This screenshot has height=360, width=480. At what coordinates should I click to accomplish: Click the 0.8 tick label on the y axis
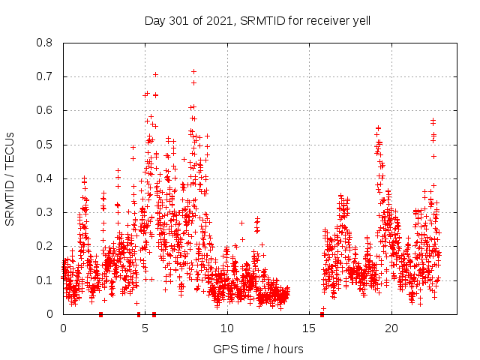[46, 43]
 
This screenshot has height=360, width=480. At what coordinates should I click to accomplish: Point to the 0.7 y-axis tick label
[46, 76]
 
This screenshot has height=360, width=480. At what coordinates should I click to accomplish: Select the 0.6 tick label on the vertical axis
[46, 110]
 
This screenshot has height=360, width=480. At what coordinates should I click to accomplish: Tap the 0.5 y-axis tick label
[46, 145]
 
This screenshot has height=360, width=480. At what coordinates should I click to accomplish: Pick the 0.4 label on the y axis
[46, 178]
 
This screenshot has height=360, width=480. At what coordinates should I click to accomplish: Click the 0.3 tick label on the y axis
[46, 212]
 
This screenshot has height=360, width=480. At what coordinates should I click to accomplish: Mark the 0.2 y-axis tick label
[46, 246]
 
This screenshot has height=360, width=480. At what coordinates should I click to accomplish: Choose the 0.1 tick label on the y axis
[46, 280]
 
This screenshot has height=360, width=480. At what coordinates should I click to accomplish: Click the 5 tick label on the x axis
[145, 328]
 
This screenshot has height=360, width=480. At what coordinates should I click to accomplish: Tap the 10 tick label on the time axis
[227, 328]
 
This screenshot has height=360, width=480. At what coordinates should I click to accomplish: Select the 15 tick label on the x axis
[310, 328]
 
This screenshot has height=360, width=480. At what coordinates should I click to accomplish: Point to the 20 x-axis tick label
[391, 328]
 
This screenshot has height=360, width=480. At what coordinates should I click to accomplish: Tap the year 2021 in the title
[218, 20]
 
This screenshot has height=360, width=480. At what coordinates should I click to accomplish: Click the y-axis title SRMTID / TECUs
[10, 178]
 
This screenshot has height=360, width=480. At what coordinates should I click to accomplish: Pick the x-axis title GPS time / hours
[258, 349]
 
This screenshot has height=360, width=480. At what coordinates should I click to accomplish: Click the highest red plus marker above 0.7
[193, 72]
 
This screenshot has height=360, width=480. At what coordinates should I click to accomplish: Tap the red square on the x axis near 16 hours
[322, 314]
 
